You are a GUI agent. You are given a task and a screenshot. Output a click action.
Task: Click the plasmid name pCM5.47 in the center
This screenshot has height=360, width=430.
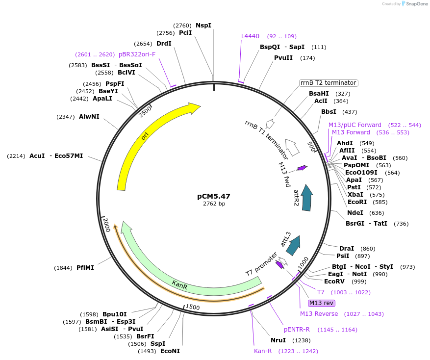(214, 196)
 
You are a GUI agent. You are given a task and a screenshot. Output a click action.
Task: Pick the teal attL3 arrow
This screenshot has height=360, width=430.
(293, 245)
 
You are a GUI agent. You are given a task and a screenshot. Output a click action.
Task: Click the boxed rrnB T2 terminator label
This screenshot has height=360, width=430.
(329, 83)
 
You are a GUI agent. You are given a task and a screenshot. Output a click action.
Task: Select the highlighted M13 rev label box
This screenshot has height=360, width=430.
(321, 303)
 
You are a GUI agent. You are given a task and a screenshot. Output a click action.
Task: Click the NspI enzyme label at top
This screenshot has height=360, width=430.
(203, 25)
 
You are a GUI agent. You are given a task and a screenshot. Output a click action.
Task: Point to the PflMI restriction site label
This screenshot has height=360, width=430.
(85, 268)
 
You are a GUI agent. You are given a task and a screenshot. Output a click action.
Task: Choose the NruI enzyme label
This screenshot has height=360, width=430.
(278, 340)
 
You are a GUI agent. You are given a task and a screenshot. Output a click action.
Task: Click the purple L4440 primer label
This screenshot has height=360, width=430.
(250, 36)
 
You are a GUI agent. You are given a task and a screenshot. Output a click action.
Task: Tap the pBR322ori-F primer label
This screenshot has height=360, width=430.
(137, 54)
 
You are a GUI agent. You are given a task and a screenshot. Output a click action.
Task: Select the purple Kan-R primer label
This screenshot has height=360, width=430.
(263, 351)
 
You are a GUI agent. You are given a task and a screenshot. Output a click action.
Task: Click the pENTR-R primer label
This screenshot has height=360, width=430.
(297, 330)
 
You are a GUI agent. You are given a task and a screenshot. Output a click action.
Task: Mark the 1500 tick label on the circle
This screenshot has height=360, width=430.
(193, 307)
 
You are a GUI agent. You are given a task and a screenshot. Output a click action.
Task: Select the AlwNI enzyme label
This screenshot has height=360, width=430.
(89, 117)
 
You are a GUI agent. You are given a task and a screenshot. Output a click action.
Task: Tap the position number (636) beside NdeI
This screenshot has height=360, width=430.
(377, 213)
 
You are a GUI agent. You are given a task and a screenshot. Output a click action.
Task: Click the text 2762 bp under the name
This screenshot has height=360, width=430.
(214, 204)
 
